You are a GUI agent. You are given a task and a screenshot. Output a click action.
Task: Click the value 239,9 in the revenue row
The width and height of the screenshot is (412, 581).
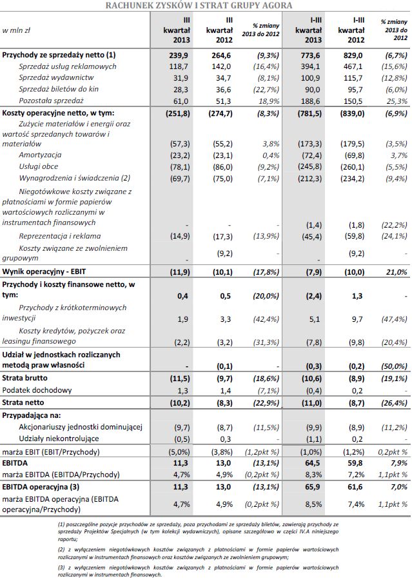tap(179, 55)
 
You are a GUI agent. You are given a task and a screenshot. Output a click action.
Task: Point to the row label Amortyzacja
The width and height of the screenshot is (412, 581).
tap(40, 155)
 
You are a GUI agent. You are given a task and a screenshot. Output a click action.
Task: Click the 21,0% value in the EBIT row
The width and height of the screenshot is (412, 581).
tap(395, 271)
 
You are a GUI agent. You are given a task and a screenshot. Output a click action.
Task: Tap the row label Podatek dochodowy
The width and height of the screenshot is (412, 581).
tap(37, 390)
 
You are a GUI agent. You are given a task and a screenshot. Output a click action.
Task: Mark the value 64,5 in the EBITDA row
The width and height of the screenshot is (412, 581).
tap(313, 462)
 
